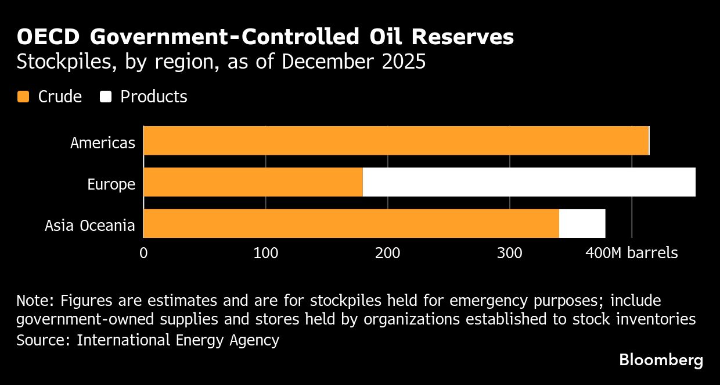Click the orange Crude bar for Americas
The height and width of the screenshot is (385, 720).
[395, 141]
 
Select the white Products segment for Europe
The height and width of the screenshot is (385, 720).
[528, 182]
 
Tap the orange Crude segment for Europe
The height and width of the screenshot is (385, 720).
[253, 182]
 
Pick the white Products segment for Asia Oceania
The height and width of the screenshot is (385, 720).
[582, 223]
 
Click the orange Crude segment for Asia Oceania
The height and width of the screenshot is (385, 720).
[351, 223]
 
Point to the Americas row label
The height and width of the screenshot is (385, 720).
[103, 142]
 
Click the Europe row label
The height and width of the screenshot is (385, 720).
[111, 184]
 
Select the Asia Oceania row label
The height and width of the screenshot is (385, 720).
[90, 226]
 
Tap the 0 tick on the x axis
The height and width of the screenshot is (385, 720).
[143, 254]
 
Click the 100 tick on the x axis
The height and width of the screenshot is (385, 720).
[265, 254]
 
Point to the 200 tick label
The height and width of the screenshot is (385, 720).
[387, 254]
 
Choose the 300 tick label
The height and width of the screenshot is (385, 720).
[509, 254]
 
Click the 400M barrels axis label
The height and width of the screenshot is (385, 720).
[631, 254]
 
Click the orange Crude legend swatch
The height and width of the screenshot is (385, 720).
[23, 97]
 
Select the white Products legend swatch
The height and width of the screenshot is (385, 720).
[105, 97]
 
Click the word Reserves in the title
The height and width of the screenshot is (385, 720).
[463, 37]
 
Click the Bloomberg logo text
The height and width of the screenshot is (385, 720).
[661, 360]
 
